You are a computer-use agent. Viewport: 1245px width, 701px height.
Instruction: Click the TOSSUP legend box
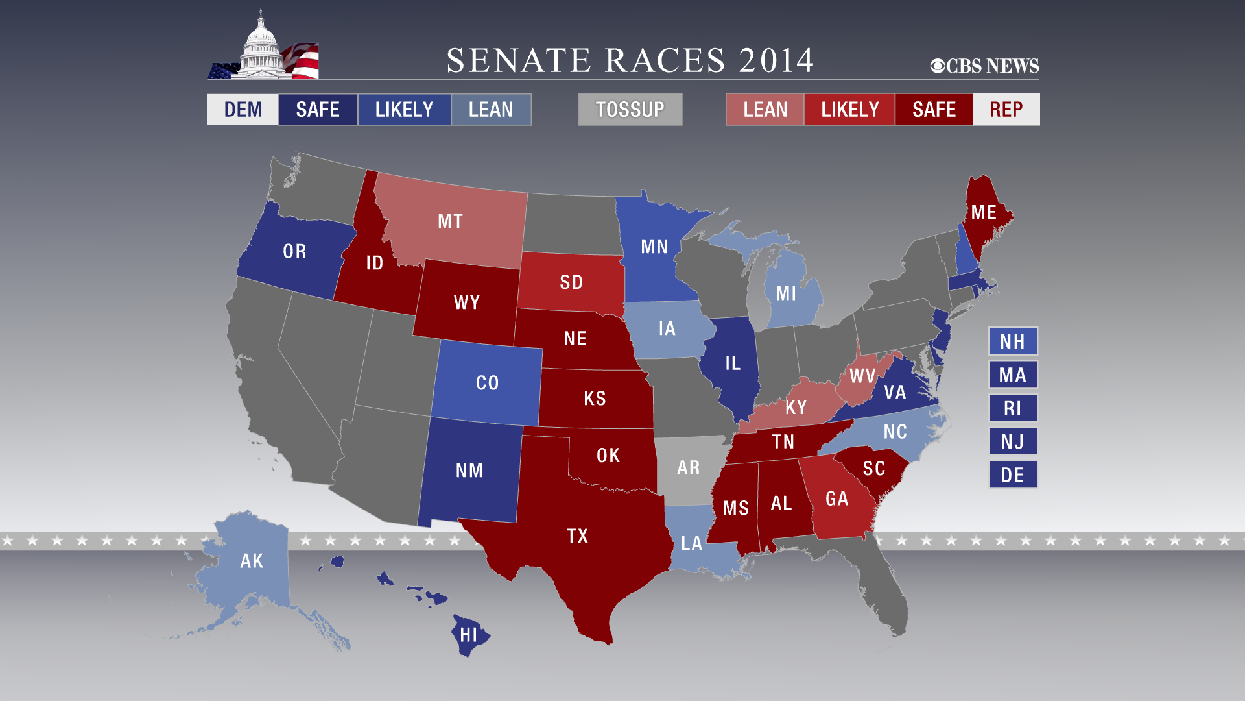click(x=630, y=109)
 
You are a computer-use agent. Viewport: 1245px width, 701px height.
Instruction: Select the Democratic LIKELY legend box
click(x=404, y=109)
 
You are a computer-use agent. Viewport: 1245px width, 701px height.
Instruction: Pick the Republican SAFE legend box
click(x=934, y=109)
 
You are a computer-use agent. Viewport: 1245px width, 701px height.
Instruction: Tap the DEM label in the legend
click(x=243, y=109)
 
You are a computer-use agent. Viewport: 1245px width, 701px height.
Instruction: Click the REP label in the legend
click(x=1006, y=109)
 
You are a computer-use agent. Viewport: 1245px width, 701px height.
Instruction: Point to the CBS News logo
click(x=984, y=66)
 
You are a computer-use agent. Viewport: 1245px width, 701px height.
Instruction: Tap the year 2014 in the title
click(x=776, y=60)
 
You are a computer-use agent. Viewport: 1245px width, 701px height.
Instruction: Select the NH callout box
click(x=1012, y=341)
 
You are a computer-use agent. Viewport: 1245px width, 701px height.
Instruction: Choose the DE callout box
click(x=1012, y=475)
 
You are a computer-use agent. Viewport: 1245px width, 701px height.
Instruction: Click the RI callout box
click(x=1012, y=408)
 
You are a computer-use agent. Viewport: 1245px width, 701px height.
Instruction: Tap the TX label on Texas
click(x=577, y=535)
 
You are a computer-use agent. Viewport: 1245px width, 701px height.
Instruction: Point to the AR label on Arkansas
click(x=688, y=467)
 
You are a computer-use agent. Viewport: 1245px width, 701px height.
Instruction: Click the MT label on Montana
click(x=450, y=221)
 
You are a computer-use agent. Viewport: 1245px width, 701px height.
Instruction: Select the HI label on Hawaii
click(x=468, y=634)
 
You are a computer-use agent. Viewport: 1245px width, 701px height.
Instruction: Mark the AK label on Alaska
click(x=252, y=561)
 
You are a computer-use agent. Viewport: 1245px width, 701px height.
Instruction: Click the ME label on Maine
click(x=983, y=212)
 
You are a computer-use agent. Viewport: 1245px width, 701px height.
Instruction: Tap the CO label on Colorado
click(x=487, y=382)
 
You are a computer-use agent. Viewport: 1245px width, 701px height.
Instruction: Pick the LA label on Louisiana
click(x=691, y=543)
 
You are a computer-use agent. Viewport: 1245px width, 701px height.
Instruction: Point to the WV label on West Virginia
click(x=862, y=376)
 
